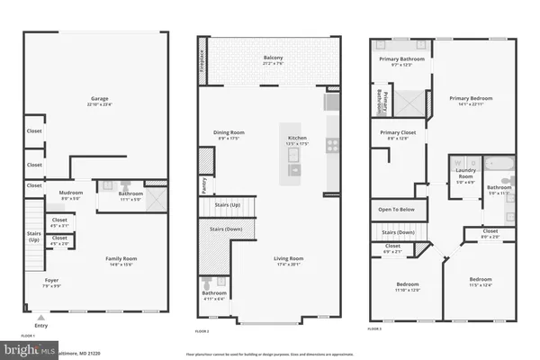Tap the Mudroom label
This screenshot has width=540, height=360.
pyautogui.click(x=71, y=193)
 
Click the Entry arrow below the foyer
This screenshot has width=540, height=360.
pyautogui.click(x=41, y=316)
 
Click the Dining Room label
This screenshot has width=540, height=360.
pyautogui.click(x=229, y=134)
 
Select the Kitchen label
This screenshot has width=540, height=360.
pyautogui.click(x=296, y=139)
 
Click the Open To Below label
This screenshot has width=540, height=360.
pyautogui.click(x=397, y=209)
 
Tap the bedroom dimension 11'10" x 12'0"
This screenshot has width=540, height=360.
pyautogui.click(x=407, y=291)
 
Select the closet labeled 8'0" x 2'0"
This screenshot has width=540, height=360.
pyautogui.click(x=490, y=235)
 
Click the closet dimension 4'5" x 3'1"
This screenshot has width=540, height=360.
pyautogui.click(x=59, y=225)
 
